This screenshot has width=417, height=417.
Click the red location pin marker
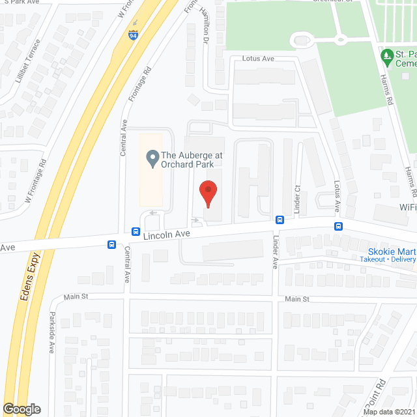208,194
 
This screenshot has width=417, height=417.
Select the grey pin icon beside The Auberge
152,157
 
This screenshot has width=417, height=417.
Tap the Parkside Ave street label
51,332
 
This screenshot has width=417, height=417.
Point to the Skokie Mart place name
391,251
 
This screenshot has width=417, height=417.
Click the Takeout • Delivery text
388,259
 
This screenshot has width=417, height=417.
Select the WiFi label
407,207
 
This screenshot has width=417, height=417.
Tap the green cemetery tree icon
386,57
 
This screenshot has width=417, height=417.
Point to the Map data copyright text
389,412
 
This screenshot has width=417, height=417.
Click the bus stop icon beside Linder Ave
279,220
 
